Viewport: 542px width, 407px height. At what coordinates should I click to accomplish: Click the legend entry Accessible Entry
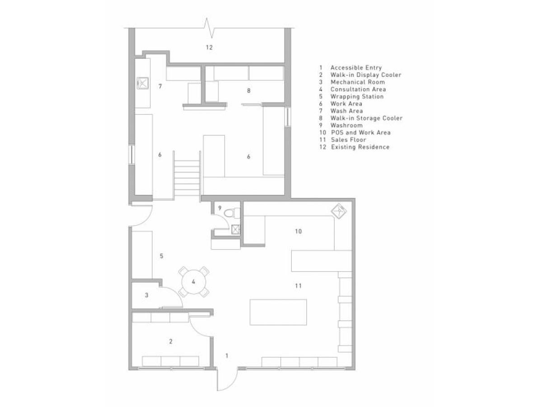tap(356, 68)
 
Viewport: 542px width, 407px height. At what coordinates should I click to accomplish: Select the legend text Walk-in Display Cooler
tap(365, 75)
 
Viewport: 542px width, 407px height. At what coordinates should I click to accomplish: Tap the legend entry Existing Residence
tap(360, 147)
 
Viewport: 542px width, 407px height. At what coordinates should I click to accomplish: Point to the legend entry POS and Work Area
tap(360, 133)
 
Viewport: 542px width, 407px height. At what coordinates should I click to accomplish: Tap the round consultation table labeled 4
tap(193, 282)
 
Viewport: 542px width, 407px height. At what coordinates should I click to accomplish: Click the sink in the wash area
tap(143, 82)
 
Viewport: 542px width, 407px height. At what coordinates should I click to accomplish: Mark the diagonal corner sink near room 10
tap(339, 211)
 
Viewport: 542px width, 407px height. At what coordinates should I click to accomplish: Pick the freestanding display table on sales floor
tap(278, 312)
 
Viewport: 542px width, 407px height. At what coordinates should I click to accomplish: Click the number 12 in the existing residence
tap(209, 47)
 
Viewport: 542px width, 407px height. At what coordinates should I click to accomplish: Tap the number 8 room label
tap(248, 91)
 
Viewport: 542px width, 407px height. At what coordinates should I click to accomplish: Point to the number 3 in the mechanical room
tap(146, 295)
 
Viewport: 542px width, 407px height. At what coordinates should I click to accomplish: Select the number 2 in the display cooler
tap(170, 341)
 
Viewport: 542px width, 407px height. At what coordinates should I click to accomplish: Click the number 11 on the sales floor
tap(298, 286)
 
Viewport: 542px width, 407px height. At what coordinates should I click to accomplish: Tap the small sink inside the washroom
tap(235, 229)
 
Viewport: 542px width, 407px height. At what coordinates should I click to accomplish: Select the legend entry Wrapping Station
tap(357, 96)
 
